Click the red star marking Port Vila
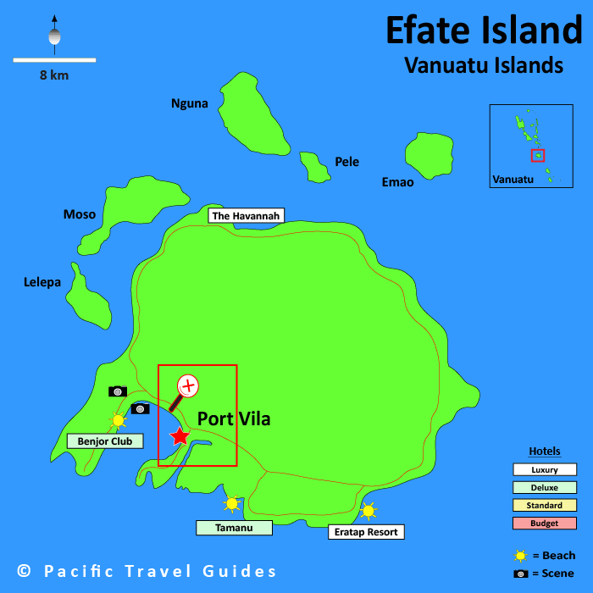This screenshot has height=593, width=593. (180, 436)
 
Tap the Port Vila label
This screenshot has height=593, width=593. (234, 418)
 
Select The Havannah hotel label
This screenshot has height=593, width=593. (246, 216)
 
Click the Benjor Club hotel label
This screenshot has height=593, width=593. (105, 441)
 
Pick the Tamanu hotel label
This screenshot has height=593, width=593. (234, 528)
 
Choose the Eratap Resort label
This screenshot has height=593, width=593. (366, 532)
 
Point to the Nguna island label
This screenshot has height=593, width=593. (189, 103)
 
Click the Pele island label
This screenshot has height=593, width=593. (346, 162)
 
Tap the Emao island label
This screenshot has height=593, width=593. (397, 182)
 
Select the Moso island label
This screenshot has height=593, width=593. (80, 214)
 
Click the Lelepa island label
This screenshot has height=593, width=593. (42, 282)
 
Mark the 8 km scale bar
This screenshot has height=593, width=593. (54, 60)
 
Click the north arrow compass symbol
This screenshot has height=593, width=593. (55, 35)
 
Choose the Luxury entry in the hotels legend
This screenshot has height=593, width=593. (545, 469)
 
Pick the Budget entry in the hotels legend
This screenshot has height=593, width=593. (545, 523)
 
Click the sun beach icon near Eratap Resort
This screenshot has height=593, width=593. (368, 511)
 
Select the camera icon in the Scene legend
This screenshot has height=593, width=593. (521, 574)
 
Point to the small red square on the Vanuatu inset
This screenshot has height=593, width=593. (538, 155)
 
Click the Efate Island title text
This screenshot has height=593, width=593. (484, 30)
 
